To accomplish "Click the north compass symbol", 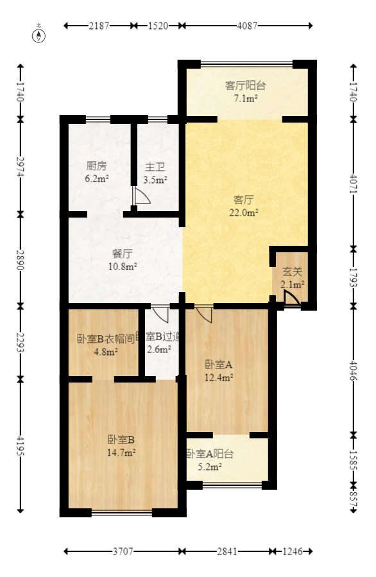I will click(40, 35).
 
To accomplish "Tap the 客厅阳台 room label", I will click(245, 85).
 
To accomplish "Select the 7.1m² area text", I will click(246, 98).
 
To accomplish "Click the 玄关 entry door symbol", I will click(290, 299).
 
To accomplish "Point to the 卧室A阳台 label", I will click(210, 454).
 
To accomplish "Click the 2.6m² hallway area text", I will click(158, 350).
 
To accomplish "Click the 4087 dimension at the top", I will click(247, 26).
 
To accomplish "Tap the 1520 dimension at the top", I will click(158, 26).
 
